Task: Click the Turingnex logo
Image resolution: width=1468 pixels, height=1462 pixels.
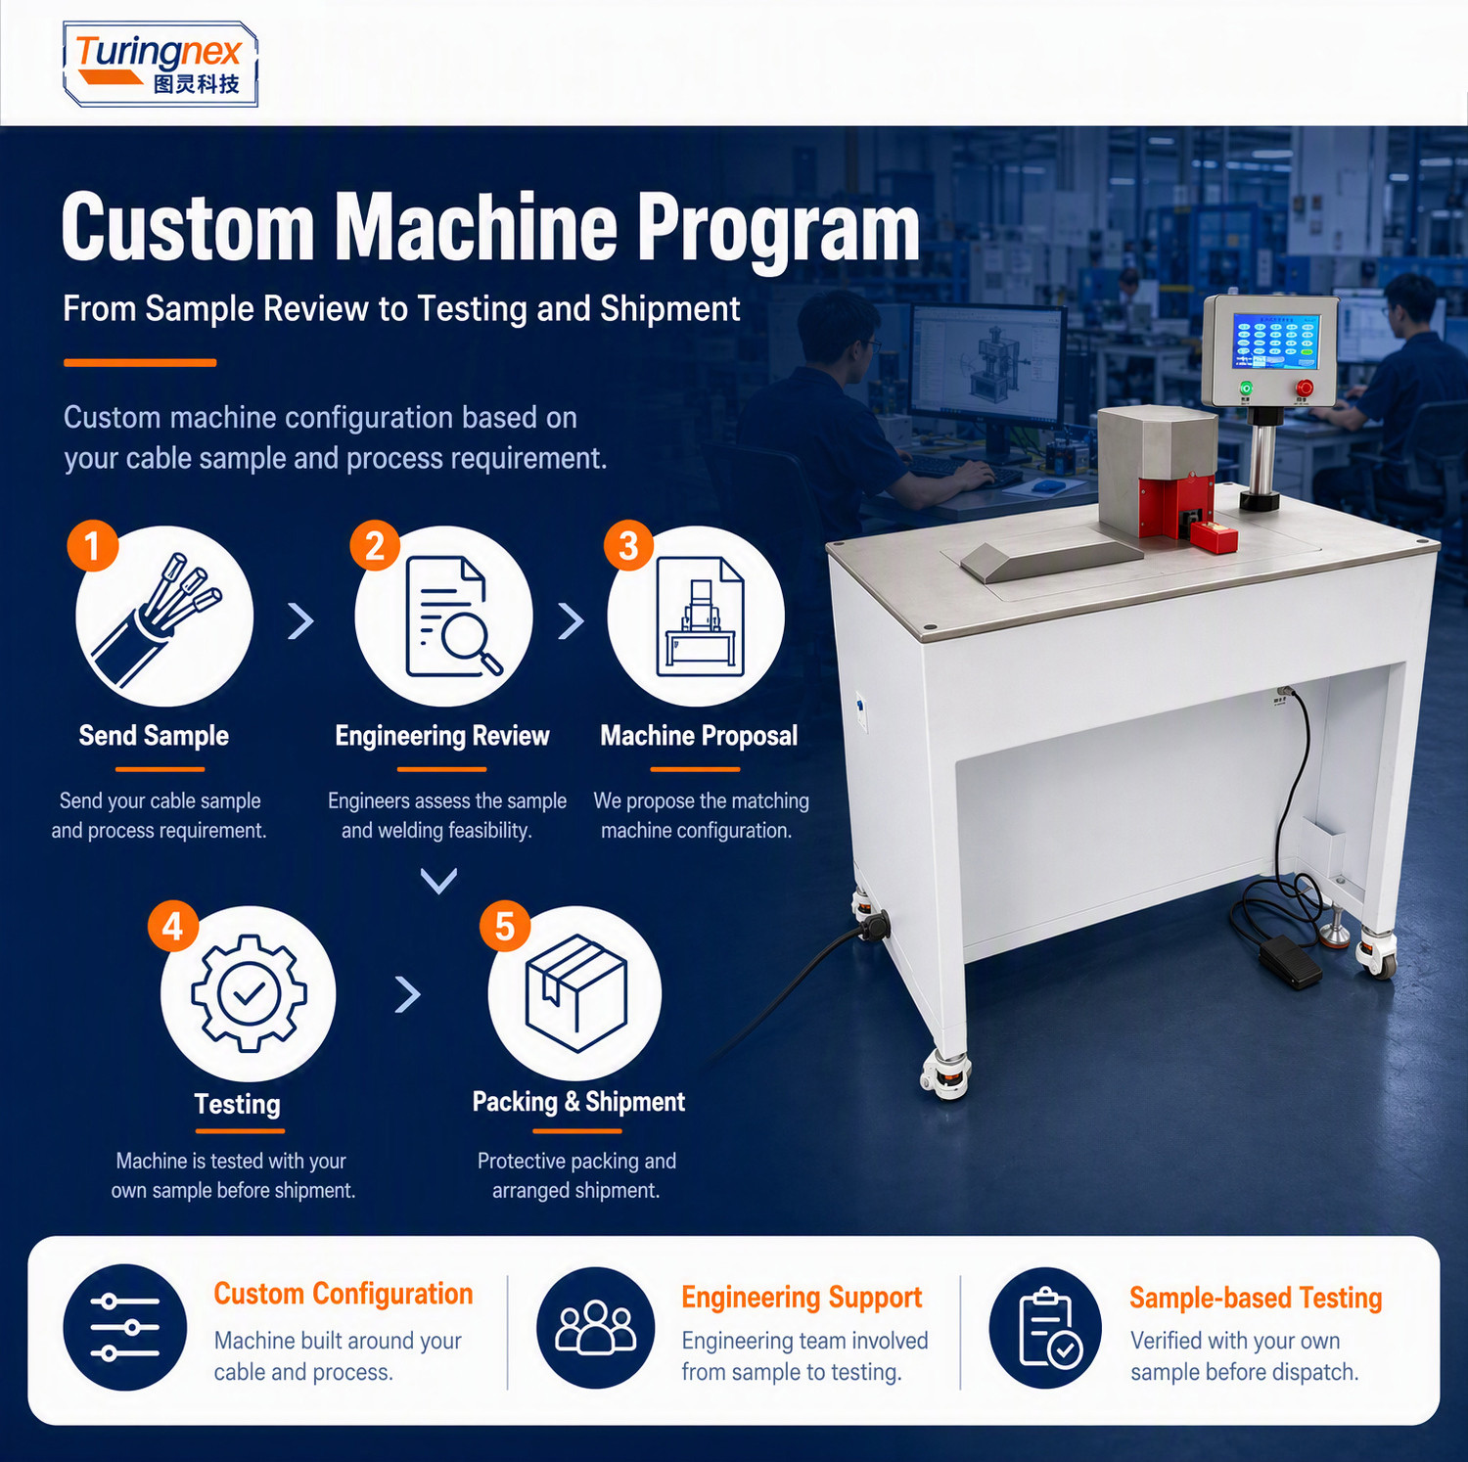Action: pos(160,64)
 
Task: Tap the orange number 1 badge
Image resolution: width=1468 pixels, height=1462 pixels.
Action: pos(93,545)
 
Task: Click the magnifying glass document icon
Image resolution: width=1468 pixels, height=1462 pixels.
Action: pos(453,617)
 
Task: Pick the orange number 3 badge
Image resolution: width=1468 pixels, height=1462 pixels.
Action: pos(628,545)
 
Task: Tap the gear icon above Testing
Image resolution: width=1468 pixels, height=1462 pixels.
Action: pos(249,993)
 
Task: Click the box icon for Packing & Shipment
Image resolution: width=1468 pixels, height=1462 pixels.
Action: pos(575,993)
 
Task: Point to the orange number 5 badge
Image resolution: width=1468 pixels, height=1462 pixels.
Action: pos(505,926)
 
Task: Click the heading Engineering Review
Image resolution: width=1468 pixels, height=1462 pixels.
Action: pos(442,736)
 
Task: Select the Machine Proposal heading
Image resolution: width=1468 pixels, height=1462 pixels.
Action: pos(699,736)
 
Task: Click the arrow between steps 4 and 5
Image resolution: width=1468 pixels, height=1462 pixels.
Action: pos(408,994)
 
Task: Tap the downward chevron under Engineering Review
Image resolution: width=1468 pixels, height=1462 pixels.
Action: pos(438,881)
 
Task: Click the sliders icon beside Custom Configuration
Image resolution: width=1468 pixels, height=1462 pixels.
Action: pos(125,1328)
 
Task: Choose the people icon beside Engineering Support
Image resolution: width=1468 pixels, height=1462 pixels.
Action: pos(596,1328)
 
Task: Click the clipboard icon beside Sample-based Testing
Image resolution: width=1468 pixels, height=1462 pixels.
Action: pos(1045,1328)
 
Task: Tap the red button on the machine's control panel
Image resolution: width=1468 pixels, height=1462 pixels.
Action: pos(1304,388)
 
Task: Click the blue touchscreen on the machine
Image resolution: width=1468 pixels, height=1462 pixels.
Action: pos(1276,342)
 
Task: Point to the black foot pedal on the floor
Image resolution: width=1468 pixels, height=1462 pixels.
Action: pos(1290,959)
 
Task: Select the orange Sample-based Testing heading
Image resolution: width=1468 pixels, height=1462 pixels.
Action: pos(1256,1298)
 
